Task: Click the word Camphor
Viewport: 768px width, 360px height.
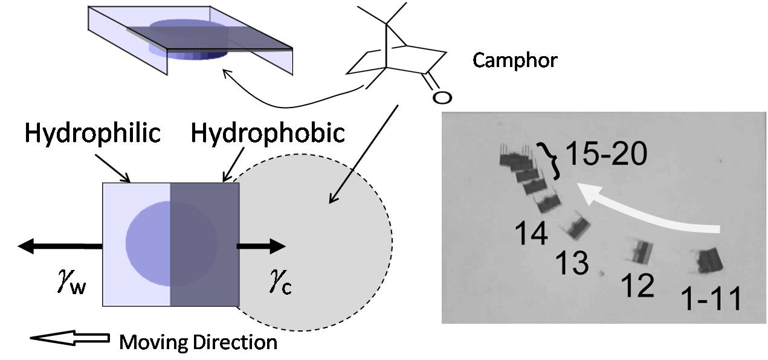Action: (514, 60)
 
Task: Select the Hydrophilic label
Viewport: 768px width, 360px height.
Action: (92, 133)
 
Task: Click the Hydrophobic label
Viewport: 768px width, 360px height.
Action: (268, 133)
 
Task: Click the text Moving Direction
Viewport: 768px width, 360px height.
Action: (198, 342)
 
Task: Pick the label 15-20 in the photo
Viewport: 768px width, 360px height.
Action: (606, 156)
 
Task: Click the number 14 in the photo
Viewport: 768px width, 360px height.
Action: (531, 233)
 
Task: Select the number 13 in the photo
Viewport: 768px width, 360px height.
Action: (572, 263)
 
